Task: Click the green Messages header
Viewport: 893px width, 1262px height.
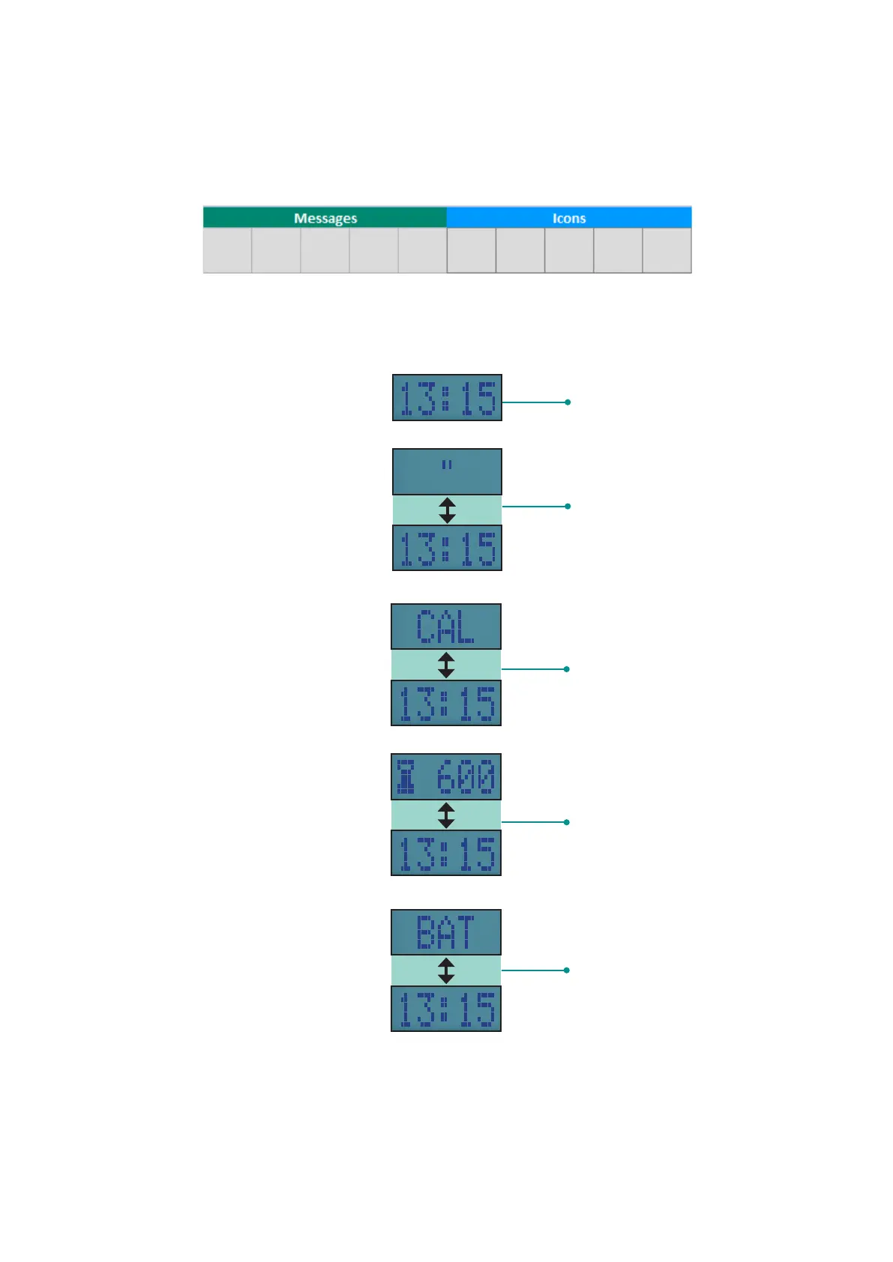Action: point(325,218)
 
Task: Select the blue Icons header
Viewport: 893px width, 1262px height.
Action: point(568,218)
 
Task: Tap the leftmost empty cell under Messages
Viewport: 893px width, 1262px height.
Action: point(227,250)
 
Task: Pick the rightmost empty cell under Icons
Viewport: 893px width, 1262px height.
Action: point(667,250)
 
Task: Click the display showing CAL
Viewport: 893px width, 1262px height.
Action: point(446,627)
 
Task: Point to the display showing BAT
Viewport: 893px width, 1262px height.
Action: point(446,932)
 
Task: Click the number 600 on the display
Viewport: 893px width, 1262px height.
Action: point(466,777)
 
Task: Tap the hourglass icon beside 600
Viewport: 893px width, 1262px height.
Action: point(406,777)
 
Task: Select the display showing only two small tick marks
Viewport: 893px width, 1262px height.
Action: point(447,471)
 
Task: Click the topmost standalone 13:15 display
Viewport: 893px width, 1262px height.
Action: point(447,398)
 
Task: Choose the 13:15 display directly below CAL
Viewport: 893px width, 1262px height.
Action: point(446,704)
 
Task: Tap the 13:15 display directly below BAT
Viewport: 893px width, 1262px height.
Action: point(446,1009)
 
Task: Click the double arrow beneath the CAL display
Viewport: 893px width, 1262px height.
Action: point(446,665)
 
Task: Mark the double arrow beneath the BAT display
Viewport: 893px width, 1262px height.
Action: point(446,970)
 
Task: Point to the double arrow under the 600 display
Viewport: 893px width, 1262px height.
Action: point(446,815)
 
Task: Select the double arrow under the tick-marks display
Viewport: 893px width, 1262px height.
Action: point(447,510)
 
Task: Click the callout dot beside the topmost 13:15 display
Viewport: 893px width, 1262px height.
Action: point(568,402)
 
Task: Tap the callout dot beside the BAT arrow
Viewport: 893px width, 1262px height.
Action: point(567,970)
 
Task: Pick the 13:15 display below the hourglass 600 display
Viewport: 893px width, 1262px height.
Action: point(446,854)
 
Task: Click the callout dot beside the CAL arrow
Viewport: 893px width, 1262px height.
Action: point(567,669)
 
